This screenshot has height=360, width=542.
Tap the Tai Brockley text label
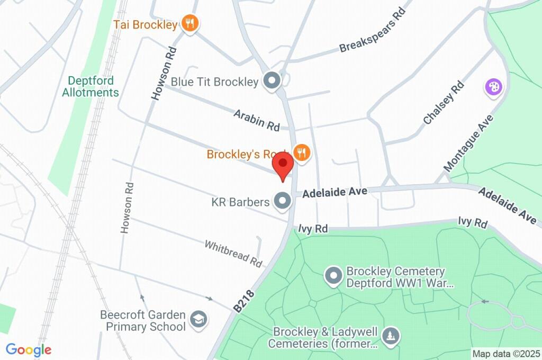(146, 24)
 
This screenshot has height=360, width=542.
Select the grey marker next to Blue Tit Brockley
(273, 81)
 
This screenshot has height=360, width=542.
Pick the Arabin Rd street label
(257, 119)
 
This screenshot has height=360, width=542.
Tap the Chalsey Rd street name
(444, 103)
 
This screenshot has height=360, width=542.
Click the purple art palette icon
(493, 87)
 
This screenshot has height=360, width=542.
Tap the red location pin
(283, 167)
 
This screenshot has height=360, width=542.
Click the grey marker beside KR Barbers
(282, 201)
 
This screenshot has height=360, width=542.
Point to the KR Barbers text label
(240, 202)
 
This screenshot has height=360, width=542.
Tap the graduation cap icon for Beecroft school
(198, 319)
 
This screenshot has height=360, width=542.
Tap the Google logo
(29, 349)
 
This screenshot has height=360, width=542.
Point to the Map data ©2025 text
(506, 353)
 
